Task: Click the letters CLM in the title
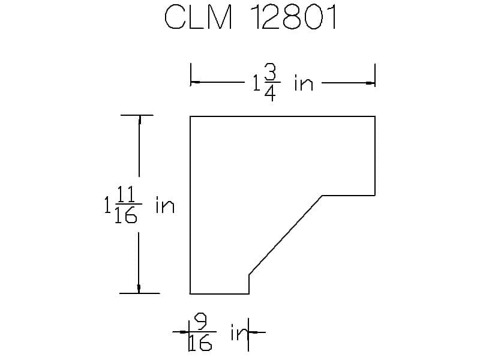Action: click(198, 17)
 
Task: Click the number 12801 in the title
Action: click(295, 17)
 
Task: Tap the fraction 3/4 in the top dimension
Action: click(271, 83)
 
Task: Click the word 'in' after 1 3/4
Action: click(304, 82)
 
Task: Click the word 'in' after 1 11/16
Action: click(165, 205)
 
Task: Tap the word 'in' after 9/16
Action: click(239, 332)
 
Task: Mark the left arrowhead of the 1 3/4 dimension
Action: click(195, 82)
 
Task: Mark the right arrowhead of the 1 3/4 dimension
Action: click(370, 83)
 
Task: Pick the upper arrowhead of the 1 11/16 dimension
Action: click(140, 119)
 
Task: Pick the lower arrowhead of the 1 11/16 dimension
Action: click(139, 289)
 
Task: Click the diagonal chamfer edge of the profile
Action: click(286, 235)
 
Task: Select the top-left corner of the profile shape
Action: click(190, 116)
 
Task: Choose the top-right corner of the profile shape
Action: click(375, 116)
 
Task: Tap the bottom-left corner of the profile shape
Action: click(190, 293)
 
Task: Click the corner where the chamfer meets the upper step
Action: click(322, 196)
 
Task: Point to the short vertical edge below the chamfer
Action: click(249, 284)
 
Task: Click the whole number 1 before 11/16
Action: click(107, 205)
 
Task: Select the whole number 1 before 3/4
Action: click(256, 83)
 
